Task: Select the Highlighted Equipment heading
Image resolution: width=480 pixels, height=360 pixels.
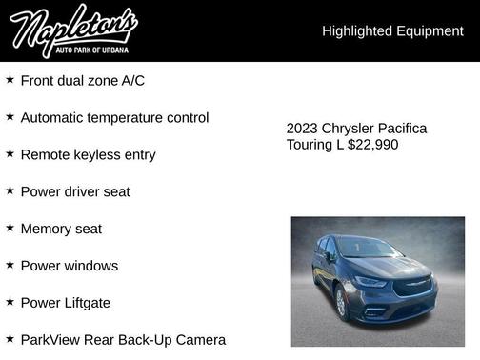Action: [392, 31]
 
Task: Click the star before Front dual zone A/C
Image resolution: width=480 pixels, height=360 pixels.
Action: [10, 80]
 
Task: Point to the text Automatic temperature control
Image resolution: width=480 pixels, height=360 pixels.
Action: [114, 118]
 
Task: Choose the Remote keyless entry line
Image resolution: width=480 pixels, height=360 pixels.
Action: [88, 155]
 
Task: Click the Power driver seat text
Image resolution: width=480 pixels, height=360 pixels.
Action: [75, 192]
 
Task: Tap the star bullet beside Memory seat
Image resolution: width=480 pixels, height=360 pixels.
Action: [10, 229]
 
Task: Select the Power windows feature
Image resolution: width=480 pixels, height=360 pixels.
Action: [70, 267]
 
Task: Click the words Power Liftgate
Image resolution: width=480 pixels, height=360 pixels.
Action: [66, 303]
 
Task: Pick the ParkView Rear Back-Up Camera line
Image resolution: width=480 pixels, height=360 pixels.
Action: [123, 340]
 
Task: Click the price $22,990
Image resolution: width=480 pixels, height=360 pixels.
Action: [372, 145]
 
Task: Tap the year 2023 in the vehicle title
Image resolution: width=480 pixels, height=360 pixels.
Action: [303, 129]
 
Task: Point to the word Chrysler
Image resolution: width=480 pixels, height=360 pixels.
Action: [348, 129]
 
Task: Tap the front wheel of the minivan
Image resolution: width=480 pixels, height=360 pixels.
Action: [341, 302]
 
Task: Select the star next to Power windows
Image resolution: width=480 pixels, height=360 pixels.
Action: [10, 266]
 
